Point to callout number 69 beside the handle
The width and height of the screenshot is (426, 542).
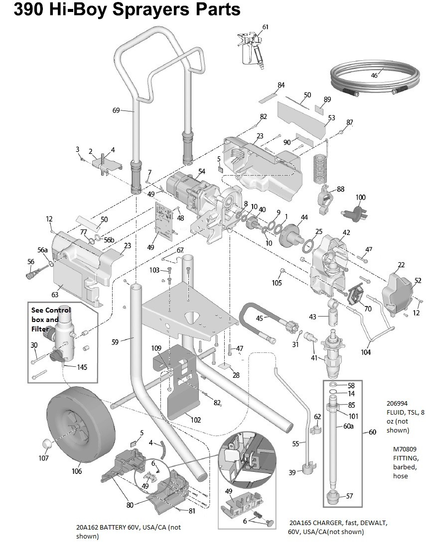click(x=116, y=110)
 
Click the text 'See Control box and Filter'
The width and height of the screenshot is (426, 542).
click(x=51, y=320)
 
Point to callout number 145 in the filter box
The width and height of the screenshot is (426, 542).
click(x=82, y=367)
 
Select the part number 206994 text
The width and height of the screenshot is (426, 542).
click(x=397, y=403)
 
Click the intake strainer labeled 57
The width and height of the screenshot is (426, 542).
click(x=334, y=497)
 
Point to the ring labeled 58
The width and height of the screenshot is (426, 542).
click(x=332, y=385)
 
